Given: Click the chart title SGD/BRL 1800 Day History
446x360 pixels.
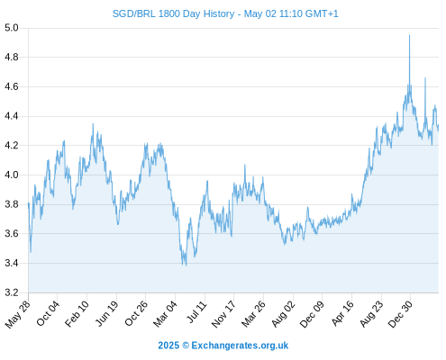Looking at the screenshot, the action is (173, 13).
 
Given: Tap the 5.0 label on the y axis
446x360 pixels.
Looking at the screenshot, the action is (12, 28).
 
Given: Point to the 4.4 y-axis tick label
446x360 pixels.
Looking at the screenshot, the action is (12, 116).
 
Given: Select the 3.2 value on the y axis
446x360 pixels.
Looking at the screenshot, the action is (12, 292).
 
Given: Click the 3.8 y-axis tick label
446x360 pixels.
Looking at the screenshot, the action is (12, 204).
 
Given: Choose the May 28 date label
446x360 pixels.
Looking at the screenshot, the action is (18, 314).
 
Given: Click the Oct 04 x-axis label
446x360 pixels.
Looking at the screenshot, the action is (48, 313).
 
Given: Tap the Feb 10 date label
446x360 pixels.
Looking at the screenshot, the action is (77, 313).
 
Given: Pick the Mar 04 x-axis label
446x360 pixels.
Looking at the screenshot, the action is (166, 314).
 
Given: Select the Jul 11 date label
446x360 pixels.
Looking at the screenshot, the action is (197, 312).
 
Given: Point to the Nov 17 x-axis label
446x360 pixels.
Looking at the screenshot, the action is (223, 314).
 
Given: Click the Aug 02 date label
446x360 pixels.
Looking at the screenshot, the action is (284, 314).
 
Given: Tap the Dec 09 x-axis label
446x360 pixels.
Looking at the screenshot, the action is (313, 314).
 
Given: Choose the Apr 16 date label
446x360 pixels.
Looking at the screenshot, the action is (343, 313).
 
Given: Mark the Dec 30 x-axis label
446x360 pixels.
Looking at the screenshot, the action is (401, 314).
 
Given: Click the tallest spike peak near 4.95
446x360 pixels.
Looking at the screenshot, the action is (409, 35).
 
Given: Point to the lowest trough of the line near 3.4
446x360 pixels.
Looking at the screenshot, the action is (186, 265).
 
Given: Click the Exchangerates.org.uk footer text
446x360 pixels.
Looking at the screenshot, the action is (240, 346).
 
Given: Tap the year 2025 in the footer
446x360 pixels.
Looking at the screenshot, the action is (168, 346).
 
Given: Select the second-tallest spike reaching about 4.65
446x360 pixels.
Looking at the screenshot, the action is (425, 78).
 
